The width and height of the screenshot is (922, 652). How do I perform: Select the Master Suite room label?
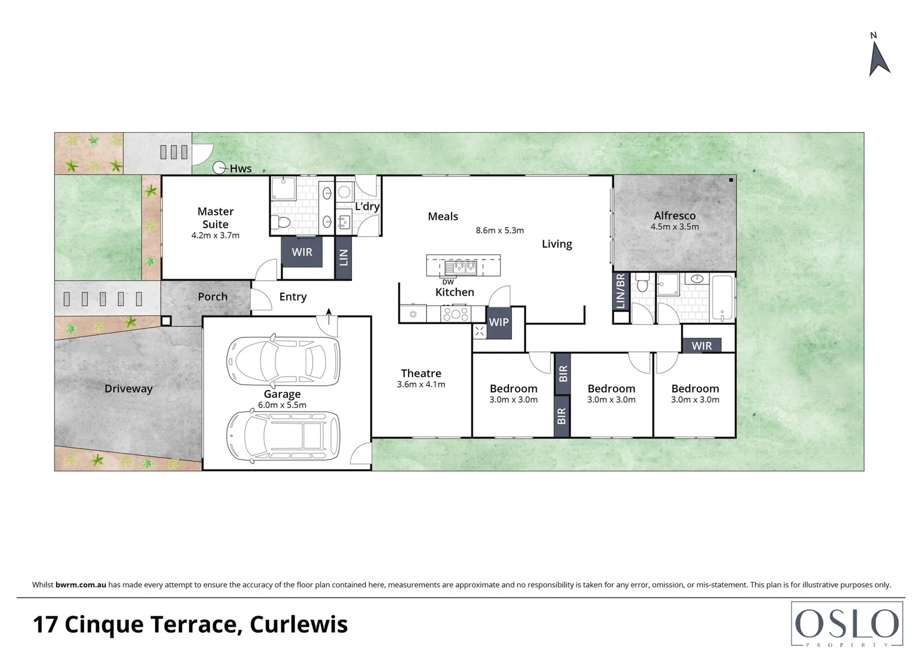click(x=216, y=217)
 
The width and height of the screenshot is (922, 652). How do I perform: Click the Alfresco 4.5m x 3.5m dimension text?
click(x=674, y=227)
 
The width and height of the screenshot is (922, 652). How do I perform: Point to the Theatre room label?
click(x=421, y=373)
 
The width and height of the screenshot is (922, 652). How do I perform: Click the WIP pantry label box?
click(x=499, y=322)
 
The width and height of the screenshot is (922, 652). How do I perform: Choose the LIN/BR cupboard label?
click(x=621, y=291)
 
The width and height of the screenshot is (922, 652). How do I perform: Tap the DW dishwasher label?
click(x=448, y=282)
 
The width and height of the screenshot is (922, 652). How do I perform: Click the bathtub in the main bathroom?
click(x=722, y=298)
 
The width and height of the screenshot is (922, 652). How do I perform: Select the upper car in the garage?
click(x=283, y=362)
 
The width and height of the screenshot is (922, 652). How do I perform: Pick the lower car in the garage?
click(x=283, y=436)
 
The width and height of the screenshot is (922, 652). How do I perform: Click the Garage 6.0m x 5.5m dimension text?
click(x=282, y=405)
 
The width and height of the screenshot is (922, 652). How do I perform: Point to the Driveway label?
click(x=129, y=389)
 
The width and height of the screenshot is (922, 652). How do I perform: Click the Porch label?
click(x=213, y=296)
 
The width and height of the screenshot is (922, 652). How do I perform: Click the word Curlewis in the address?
click(x=299, y=624)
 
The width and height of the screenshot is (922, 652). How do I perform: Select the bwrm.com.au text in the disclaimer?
click(x=81, y=584)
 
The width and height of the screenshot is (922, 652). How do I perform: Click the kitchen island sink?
click(x=461, y=267)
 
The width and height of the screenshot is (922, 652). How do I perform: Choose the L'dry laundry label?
click(x=367, y=206)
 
